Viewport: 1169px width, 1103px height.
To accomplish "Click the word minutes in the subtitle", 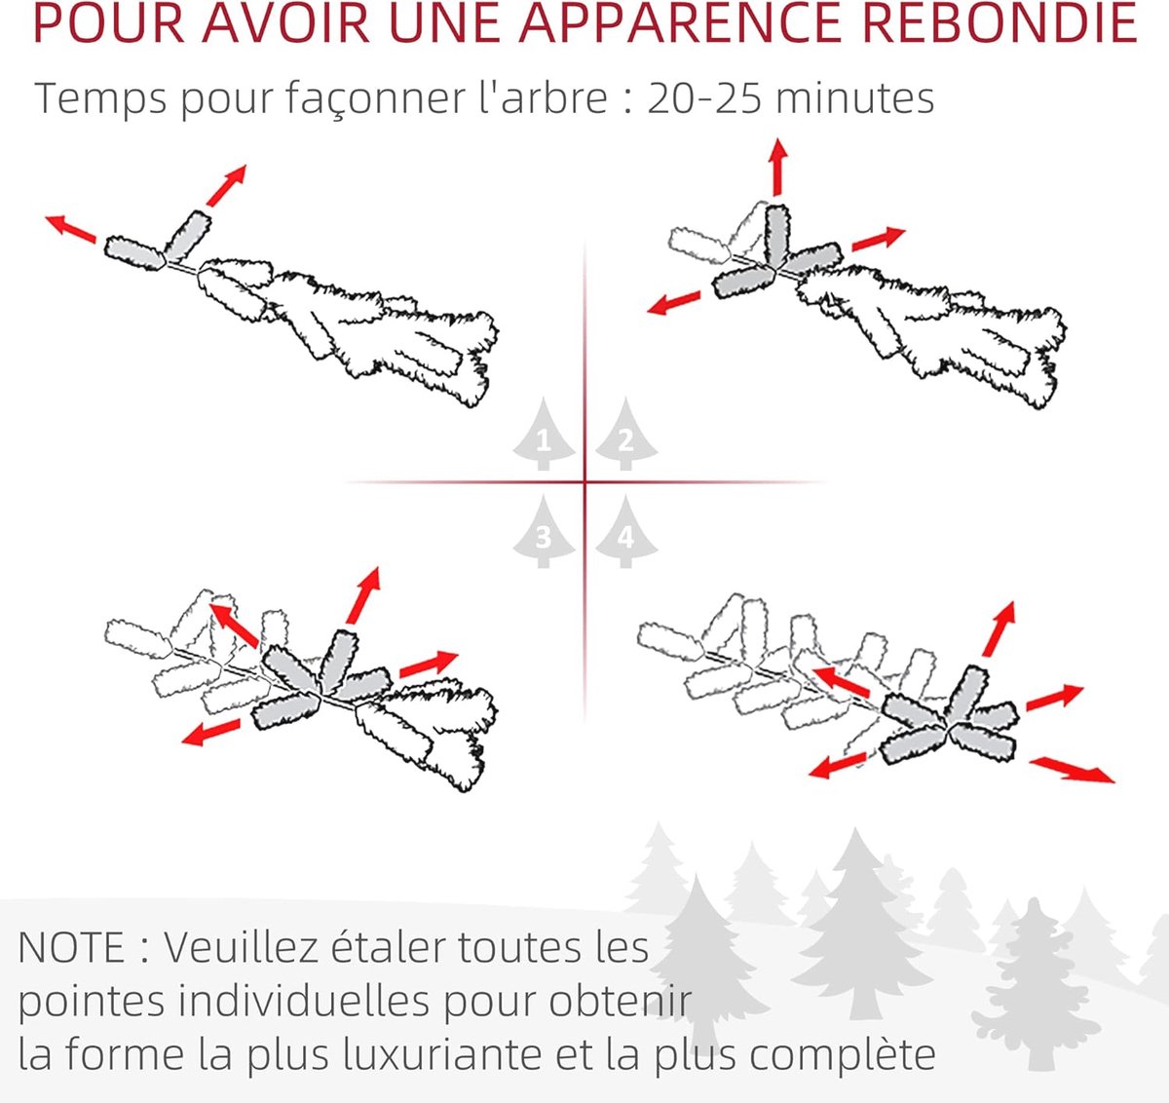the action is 854,97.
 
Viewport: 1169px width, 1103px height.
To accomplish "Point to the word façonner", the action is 375,99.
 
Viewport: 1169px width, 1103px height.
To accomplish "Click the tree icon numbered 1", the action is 544,435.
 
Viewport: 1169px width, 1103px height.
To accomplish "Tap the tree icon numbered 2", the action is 625,435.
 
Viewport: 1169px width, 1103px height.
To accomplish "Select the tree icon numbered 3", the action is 544,532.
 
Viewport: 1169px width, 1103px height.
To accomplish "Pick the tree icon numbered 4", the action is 625,532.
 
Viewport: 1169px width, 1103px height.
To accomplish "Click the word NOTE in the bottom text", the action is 72,947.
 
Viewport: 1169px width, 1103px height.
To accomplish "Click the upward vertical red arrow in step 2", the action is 778,168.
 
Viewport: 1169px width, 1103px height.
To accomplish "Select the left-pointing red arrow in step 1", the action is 71,229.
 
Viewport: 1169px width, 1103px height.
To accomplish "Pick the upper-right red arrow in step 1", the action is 226,186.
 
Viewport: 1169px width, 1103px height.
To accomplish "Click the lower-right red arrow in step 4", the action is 1072,771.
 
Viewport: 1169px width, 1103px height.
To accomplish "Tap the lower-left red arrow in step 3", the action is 210,733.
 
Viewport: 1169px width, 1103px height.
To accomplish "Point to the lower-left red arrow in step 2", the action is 674,303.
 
